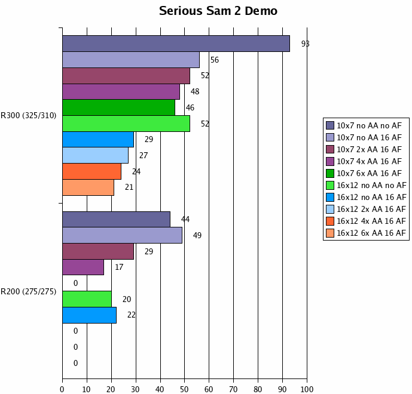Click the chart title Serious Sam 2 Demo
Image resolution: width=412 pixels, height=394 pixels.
pos(218,11)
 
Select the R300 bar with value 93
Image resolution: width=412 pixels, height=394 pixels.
pos(176,44)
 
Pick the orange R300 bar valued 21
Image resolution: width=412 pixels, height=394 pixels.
pos(88,187)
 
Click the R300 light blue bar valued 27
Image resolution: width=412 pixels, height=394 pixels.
pos(95,155)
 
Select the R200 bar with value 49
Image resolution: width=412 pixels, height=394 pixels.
pos(122,235)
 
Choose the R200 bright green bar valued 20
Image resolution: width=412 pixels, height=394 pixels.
pos(87,299)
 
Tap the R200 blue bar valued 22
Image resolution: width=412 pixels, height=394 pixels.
pos(89,315)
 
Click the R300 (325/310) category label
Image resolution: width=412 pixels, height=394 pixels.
pos(29,116)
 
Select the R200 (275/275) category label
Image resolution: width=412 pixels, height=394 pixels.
pos(29,291)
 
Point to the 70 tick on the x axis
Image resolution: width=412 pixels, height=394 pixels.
pos(233,389)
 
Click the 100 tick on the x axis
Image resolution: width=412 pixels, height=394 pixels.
pos(307,389)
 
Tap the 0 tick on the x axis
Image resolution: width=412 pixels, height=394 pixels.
pos(62,389)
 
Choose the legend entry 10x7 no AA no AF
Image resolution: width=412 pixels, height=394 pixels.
pos(369,125)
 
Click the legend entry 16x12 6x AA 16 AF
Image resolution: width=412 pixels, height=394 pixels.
pos(371,233)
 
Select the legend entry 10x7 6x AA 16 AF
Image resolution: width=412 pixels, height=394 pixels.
pos(369,173)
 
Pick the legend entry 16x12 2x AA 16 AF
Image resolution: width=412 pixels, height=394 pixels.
pos(371,209)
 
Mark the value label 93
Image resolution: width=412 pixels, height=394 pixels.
pos(305,44)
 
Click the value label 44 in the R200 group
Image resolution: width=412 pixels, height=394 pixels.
pos(185,219)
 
